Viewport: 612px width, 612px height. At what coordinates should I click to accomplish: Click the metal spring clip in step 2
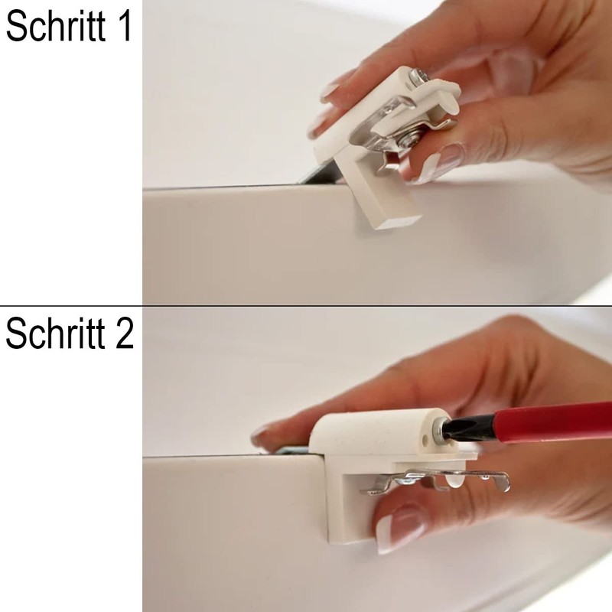(444, 480)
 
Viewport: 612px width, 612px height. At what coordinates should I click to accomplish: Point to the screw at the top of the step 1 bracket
(417, 76)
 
